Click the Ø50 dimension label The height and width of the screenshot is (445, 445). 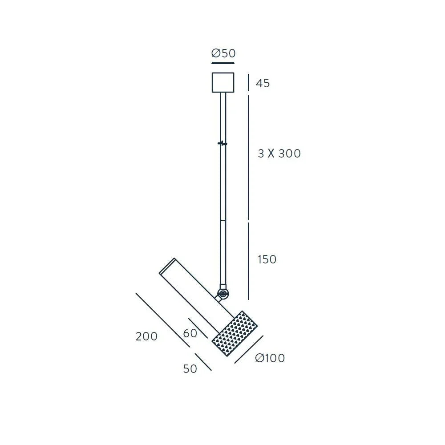pyautogui.click(x=223, y=53)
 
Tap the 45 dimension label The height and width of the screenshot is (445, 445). pyautogui.click(x=263, y=83)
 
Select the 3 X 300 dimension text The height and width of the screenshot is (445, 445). pyautogui.click(x=279, y=154)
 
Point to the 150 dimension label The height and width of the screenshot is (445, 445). pyautogui.click(x=267, y=259)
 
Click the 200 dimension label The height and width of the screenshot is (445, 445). pyautogui.click(x=146, y=336)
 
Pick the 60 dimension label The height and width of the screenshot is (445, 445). pyautogui.click(x=190, y=333)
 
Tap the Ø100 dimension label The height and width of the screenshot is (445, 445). pyautogui.click(x=270, y=358)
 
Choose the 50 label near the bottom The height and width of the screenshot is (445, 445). pyautogui.click(x=190, y=369)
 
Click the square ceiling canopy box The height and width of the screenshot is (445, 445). pyautogui.click(x=223, y=82)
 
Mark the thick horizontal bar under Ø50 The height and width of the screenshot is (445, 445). pyautogui.click(x=223, y=64)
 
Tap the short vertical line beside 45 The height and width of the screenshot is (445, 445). pyautogui.click(x=248, y=83)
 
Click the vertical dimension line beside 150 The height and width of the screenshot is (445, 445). pyautogui.click(x=248, y=261)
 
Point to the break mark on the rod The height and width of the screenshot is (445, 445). pyautogui.click(x=222, y=143)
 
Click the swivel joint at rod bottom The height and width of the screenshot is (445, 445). pyautogui.click(x=222, y=294)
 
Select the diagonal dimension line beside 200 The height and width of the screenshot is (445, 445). pyautogui.click(x=162, y=320)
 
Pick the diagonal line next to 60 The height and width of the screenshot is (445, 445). pyautogui.click(x=198, y=328)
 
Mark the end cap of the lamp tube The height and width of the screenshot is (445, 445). pyautogui.click(x=167, y=265)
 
